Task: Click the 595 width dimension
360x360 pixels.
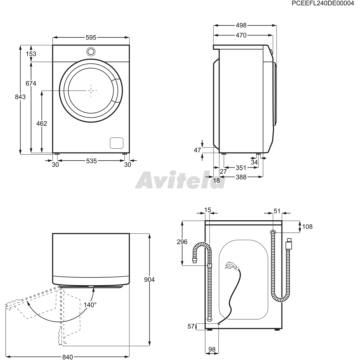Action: point(91,37)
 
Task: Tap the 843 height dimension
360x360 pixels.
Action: point(20,97)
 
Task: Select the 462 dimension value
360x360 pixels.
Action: point(42,124)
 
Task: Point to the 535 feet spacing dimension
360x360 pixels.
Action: point(91,161)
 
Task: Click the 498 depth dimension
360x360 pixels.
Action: point(241,25)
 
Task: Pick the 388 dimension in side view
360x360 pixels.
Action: point(241,177)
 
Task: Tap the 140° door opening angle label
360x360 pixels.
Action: point(90,305)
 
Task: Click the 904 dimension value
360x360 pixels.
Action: point(149,280)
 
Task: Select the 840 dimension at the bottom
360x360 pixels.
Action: point(67,357)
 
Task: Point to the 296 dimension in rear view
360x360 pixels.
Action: point(182,242)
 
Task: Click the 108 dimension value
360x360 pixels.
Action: point(307,227)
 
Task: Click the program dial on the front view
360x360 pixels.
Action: point(91,51)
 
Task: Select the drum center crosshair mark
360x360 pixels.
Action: point(91,90)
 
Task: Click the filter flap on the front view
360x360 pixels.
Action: point(116,143)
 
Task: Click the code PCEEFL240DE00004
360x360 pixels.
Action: point(323,3)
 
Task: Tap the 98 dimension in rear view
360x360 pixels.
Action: point(212,349)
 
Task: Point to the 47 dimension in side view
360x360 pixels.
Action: point(197,150)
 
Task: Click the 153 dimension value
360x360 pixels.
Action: point(31,54)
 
